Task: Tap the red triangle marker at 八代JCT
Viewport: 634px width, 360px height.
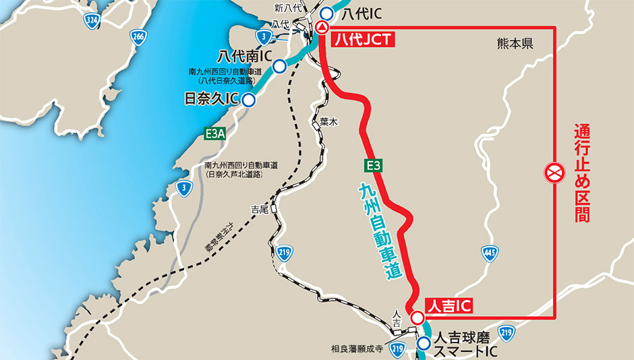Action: (322, 27)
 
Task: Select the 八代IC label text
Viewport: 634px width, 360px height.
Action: (360, 13)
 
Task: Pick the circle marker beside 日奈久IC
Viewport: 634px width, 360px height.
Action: (249, 101)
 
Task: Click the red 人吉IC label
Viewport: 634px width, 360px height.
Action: (448, 305)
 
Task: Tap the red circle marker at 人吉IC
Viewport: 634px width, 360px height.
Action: (417, 318)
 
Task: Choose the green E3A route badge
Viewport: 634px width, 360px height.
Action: (214, 135)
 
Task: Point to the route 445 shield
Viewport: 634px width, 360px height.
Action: (490, 254)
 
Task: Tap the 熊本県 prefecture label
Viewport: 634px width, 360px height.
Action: (515, 44)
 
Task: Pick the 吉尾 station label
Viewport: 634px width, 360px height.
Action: (260, 210)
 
